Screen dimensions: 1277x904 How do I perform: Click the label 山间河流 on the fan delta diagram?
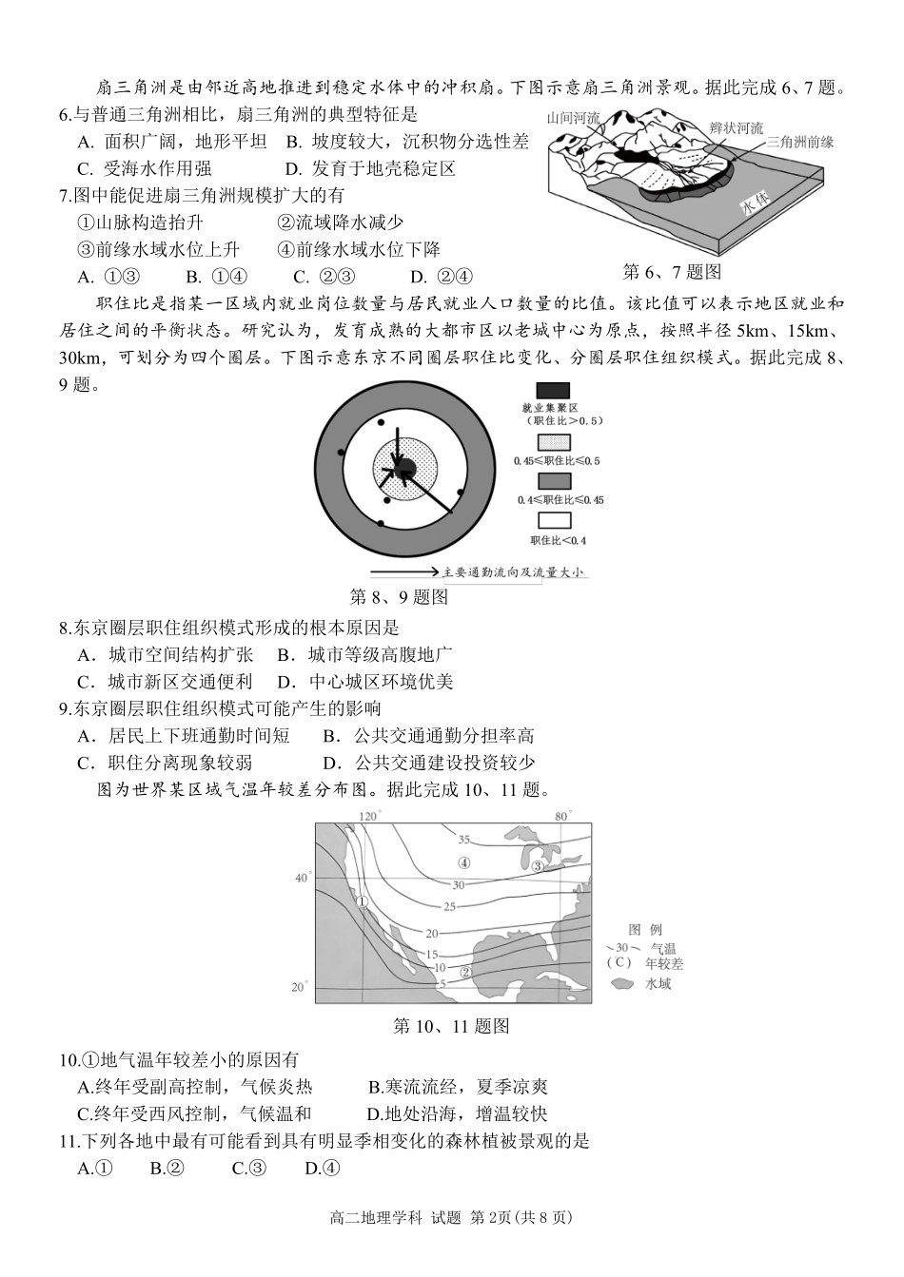(573, 119)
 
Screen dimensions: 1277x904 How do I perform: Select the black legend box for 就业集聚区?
(554, 391)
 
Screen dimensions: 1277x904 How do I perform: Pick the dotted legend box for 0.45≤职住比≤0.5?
(554, 442)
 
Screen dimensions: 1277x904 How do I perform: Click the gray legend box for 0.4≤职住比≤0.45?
(554, 482)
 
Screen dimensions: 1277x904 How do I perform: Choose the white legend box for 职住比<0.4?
(554, 520)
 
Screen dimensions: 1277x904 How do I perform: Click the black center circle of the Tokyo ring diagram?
(403, 466)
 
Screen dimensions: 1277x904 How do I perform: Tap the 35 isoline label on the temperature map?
(463, 840)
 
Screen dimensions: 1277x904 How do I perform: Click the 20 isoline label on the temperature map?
(431, 935)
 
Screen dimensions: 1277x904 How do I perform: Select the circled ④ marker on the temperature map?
(463, 863)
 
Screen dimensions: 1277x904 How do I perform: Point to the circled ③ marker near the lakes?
(537, 866)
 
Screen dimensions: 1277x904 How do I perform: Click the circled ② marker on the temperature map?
(465, 972)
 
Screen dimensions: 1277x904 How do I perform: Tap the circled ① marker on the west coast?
(362, 902)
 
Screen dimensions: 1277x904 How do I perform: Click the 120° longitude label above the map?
(369, 816)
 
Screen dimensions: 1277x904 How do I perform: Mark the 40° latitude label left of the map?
(302, 878)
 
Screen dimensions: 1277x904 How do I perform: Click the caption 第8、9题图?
(399, 597)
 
